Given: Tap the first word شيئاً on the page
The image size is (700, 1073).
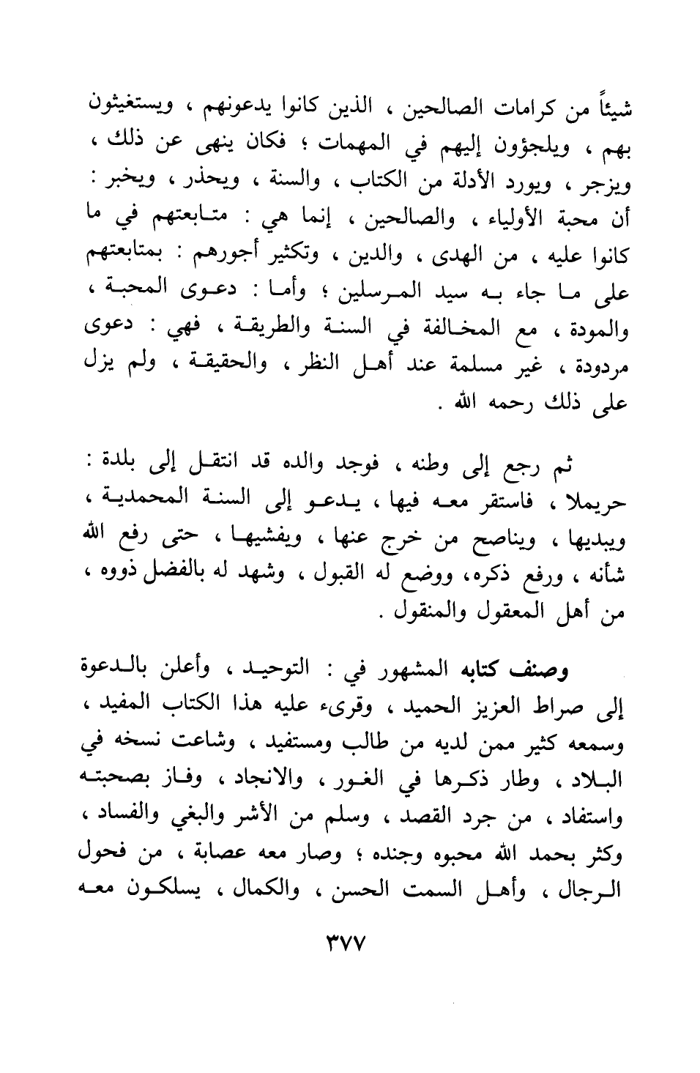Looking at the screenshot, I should (615, 110).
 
